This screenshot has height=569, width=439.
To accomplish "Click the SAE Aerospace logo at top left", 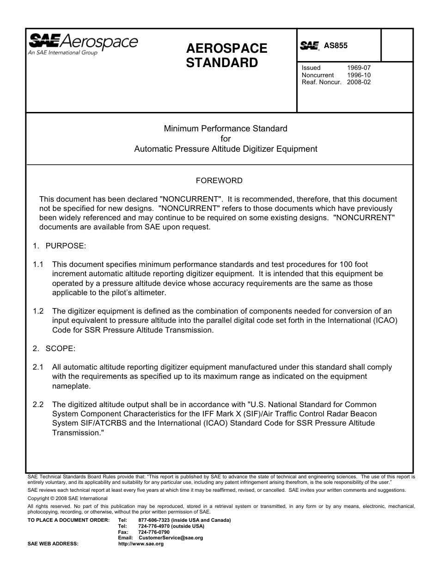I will click(x=83, y=42).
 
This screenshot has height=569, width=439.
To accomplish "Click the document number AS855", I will click(x=335, y=45).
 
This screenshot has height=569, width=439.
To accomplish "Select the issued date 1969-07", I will click(x=359, y=68).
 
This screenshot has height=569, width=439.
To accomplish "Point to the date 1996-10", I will click(x=359, y=75).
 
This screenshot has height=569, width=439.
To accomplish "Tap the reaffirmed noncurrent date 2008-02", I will click(x=359, y=82).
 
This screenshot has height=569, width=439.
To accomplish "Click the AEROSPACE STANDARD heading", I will click(x=226, y=56).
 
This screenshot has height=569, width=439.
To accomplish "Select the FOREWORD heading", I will click(x=219, y=180).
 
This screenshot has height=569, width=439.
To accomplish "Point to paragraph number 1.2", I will click(x=38, y=311).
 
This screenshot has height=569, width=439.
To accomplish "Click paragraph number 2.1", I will click(x=38, y=367).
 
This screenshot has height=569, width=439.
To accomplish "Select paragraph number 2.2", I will click(x=38, y=404).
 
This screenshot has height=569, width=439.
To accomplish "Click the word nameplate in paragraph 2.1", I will click(x=71, y=386).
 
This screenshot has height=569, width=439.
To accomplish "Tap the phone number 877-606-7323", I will click(x=152, y=520).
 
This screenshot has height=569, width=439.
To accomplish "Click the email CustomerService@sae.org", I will click(x=171, y=538).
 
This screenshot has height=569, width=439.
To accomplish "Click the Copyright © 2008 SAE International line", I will click(x=67, y=498).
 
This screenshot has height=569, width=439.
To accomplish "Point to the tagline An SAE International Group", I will click(x=63, y=53).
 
